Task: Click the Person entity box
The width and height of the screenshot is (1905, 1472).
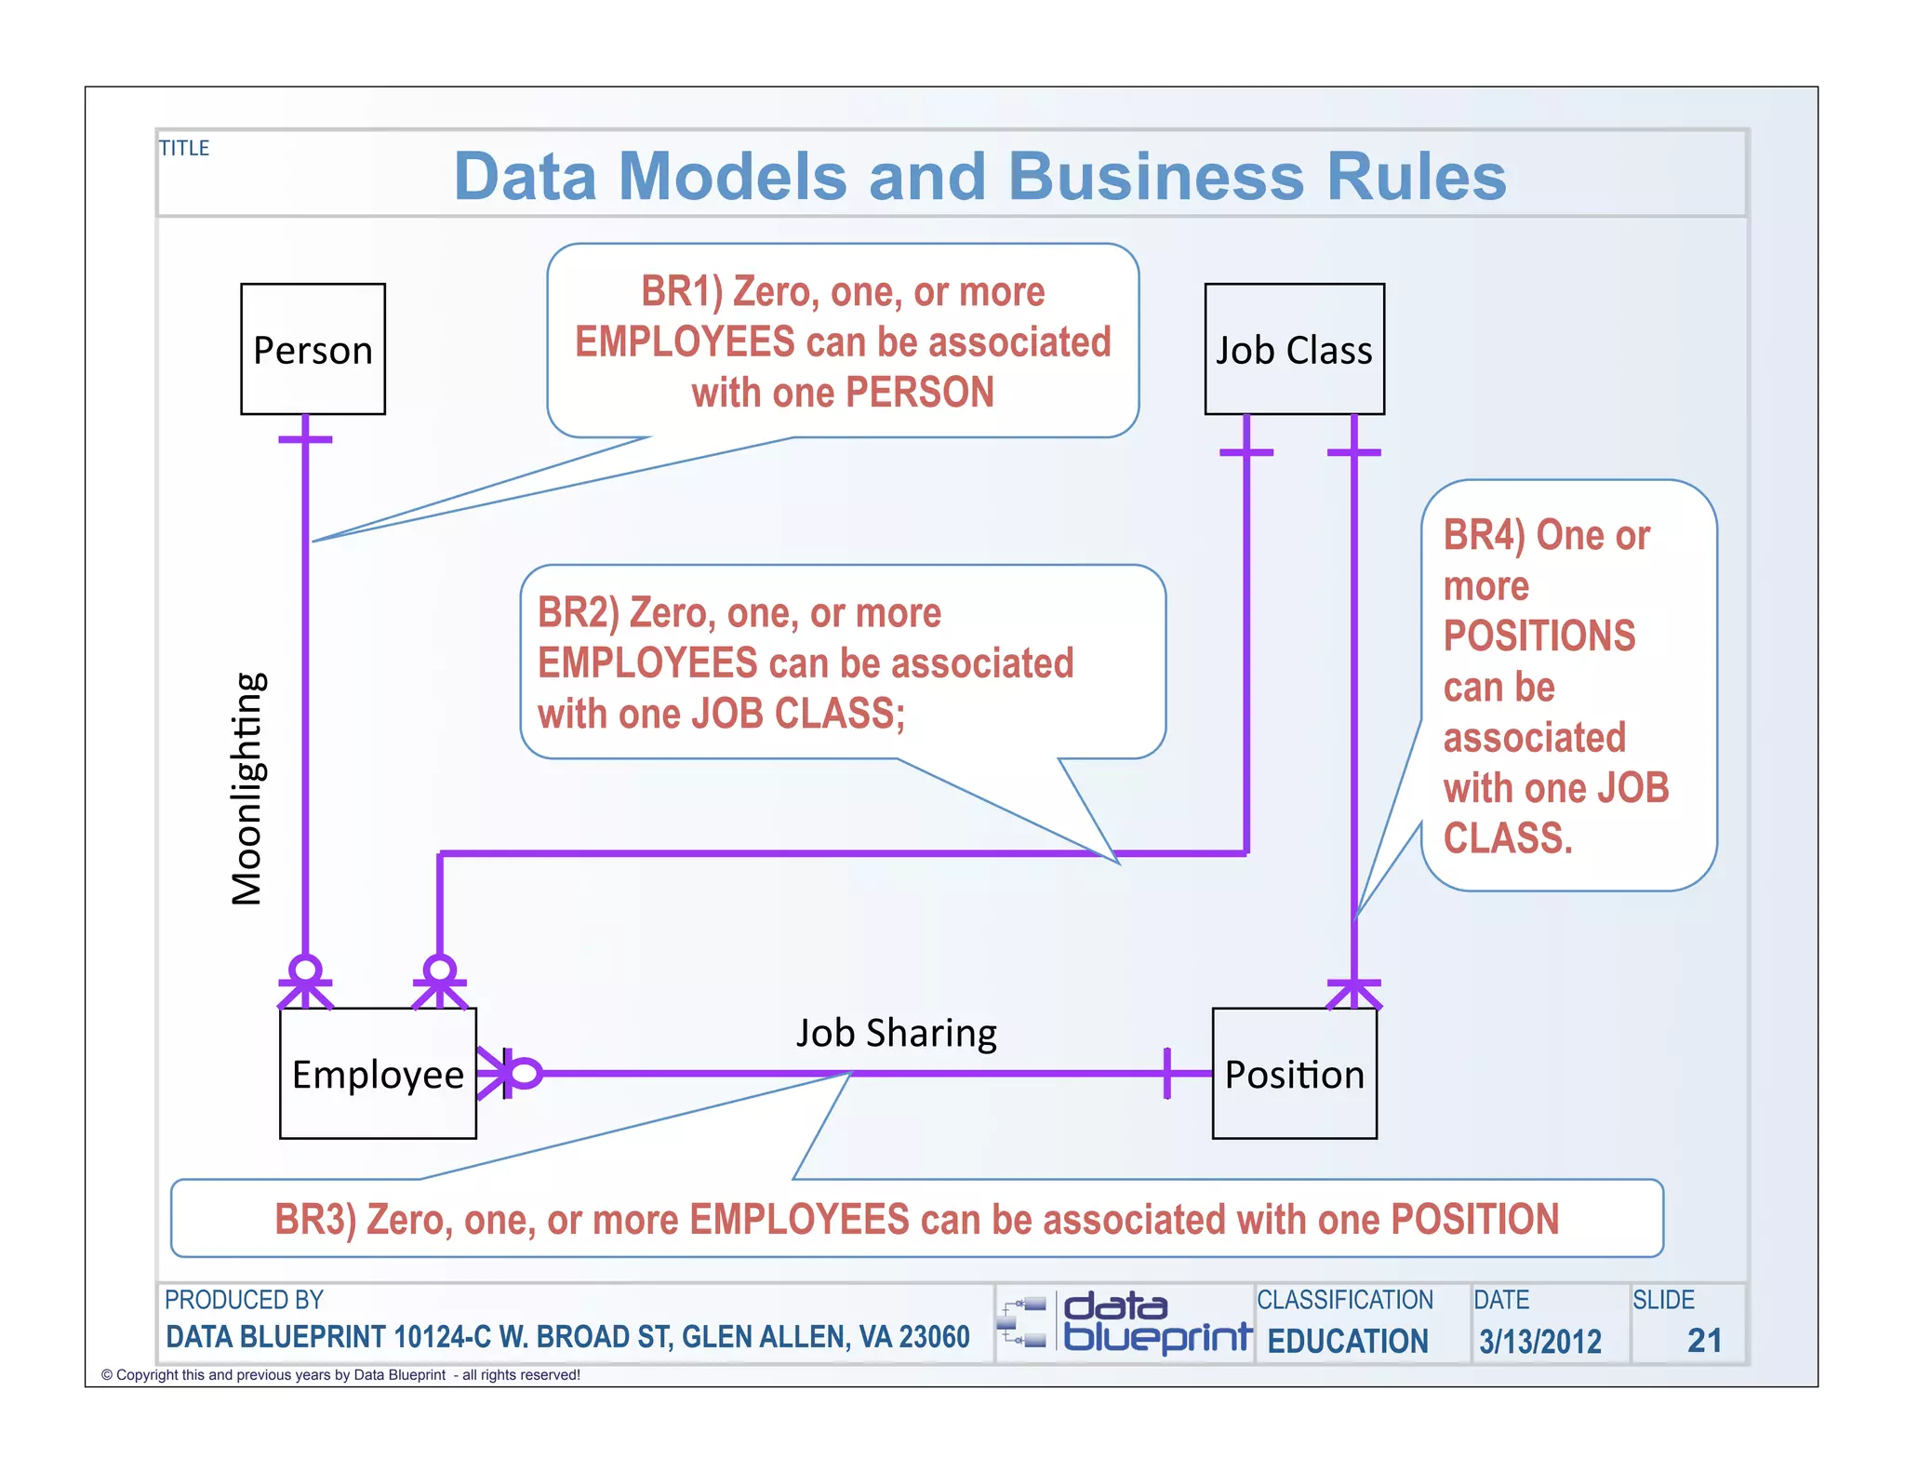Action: (313, 349)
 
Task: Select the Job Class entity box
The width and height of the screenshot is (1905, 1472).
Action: (1293, 349)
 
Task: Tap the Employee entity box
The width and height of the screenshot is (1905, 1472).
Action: (378, 1073)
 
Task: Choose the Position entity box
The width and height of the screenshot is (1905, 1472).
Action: (1294, 1073)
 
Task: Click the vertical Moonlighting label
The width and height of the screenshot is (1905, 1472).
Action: (247, 788)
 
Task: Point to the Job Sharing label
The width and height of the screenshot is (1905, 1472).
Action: (896, 1033)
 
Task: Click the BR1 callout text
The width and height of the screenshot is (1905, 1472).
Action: (843, 341)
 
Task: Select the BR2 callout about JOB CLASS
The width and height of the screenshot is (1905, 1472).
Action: (805, 662)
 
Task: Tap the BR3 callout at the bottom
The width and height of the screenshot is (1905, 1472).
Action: (916, 1219)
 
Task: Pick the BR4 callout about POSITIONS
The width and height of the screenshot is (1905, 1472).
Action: (1555, 686)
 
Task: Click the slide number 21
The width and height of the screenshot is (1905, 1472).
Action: (1704, 1340)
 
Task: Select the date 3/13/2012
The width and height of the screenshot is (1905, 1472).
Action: (1539, 1341)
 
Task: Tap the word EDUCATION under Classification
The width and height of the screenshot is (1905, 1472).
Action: (1347, 1341)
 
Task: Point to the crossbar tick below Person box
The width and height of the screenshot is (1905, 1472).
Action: (305, 439)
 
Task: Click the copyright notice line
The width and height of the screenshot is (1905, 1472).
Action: (340, 1374)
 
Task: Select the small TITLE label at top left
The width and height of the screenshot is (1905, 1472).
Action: (184, 148)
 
